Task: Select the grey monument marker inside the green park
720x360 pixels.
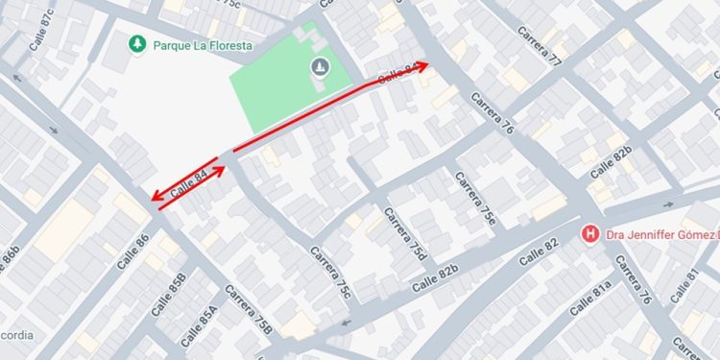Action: [319, 66]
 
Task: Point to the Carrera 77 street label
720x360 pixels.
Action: [540, 43]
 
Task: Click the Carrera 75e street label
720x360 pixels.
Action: [476, 202]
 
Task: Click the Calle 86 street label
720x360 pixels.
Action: [133, 252]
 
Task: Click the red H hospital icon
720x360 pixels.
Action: [591, 233]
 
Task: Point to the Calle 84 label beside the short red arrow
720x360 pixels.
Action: [189, 183]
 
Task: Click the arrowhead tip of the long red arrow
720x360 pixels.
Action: [427, 65]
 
